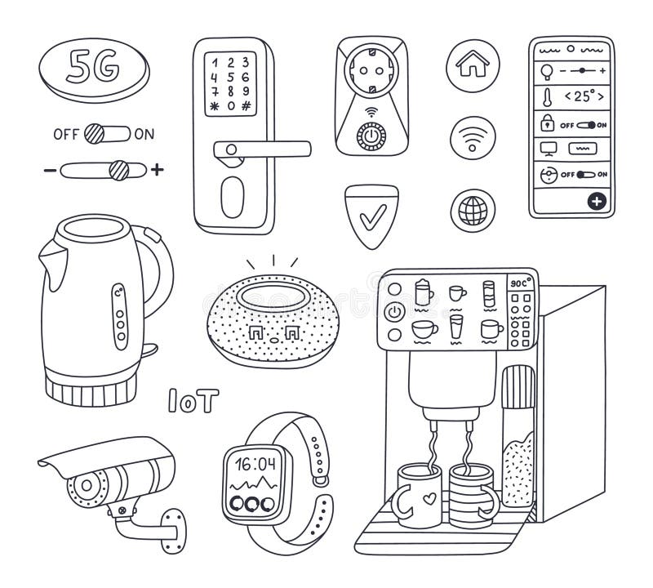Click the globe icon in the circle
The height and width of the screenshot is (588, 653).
pos(472,210)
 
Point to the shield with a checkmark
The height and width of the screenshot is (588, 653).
pos(371,215)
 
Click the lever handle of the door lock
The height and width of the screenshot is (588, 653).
pos(261,149)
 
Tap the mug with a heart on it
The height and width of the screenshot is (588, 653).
pos(417,497)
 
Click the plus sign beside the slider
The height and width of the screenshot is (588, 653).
pos(158,170)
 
